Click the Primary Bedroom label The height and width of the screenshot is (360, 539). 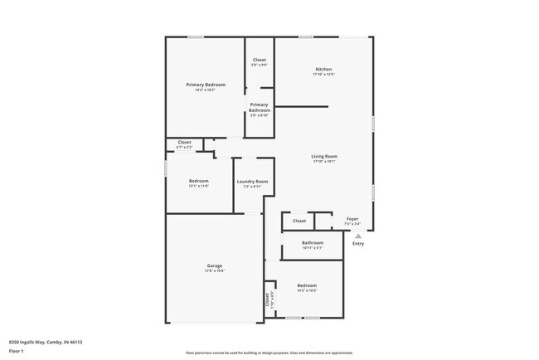206,85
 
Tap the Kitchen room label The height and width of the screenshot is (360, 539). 323,69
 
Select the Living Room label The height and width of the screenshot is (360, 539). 323,156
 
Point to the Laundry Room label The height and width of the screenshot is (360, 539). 252,181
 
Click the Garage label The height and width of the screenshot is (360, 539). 215,265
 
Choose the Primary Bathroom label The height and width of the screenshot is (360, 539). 260,107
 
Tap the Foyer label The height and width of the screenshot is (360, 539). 352,219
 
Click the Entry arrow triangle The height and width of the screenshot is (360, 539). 358,236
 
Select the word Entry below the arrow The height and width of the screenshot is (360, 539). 358,244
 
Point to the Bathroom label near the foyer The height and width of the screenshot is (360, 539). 313,242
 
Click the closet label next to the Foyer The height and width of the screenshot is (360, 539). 299,221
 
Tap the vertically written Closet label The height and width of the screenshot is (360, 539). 268,299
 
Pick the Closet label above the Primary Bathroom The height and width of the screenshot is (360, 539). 260,60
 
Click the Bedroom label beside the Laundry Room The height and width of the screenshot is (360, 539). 198,181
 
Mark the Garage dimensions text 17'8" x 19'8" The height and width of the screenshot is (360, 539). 215,271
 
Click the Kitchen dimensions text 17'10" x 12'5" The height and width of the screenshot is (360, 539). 323,75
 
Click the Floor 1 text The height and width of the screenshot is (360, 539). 17,351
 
